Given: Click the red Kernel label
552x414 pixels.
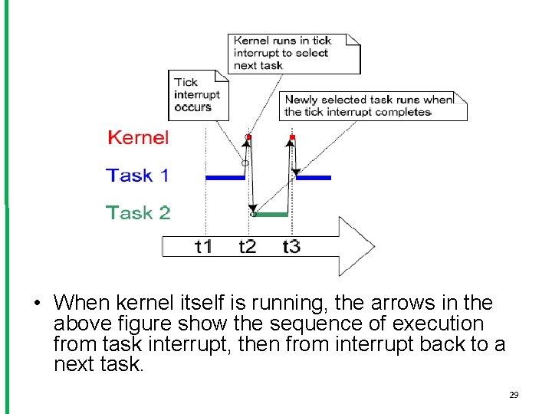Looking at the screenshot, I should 138,138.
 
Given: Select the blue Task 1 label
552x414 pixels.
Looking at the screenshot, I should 137,176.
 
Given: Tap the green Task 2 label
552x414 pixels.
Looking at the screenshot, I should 138,212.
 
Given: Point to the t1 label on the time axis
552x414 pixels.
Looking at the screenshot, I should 203,246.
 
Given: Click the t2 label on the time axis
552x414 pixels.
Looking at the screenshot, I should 247,246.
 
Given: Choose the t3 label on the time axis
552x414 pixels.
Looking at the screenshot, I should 291,246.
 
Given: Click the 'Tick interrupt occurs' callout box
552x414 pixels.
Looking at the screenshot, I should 198,94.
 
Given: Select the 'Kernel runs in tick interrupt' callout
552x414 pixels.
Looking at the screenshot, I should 294,53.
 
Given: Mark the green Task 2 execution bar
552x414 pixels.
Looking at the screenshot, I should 270,215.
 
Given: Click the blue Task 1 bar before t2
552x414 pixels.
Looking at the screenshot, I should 225,177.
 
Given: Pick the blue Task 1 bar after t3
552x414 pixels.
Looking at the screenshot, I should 314,177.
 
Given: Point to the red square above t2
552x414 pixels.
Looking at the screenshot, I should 248,136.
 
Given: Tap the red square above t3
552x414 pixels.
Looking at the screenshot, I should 292,137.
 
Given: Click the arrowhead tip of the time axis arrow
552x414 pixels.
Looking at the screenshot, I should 373,246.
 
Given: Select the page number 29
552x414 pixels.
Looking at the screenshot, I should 514,395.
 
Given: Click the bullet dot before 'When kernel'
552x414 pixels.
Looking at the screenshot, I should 36,303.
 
